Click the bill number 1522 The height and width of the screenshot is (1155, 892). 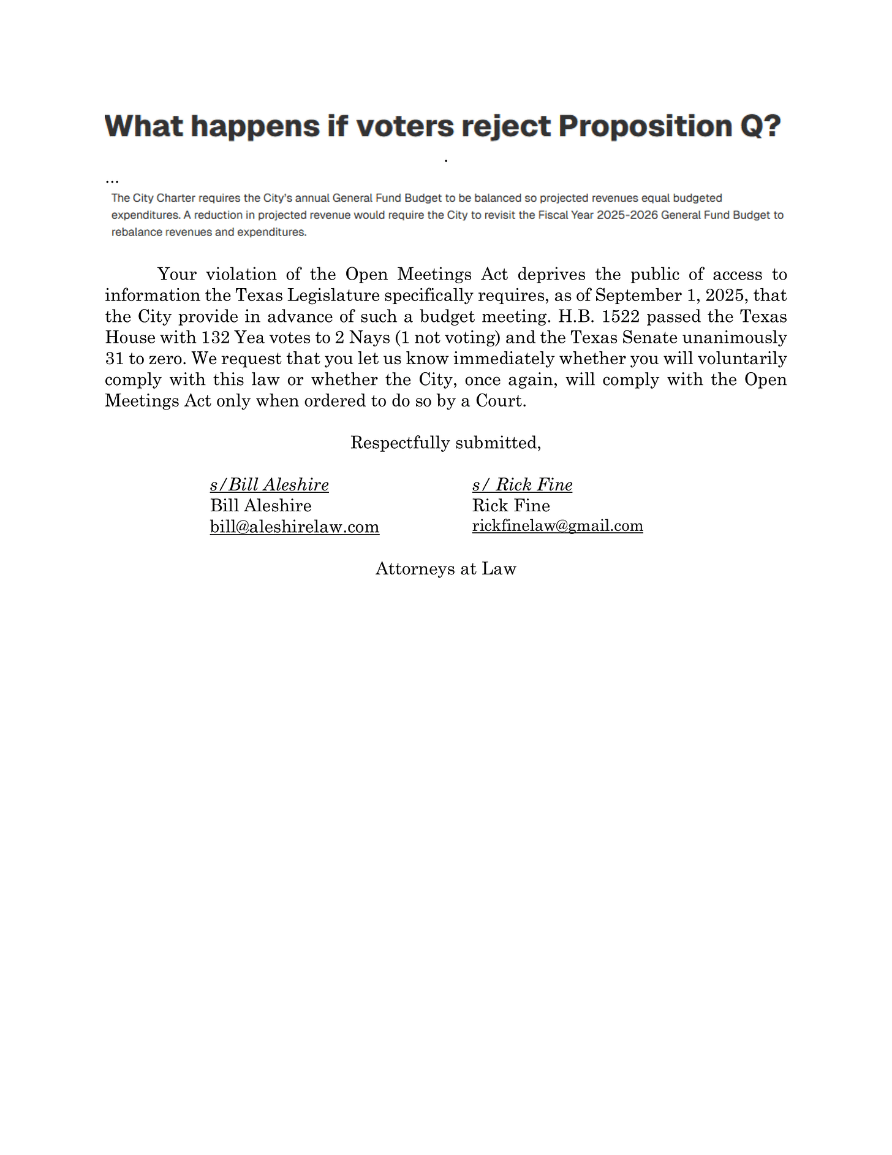(x=622, y=316)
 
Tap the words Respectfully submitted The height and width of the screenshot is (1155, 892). (x=445, y=443)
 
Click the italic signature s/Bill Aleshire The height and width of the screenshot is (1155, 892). (x=269, y=485)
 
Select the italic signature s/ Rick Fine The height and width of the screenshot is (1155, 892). (x=522, y=485)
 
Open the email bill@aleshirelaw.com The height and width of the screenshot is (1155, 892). (x=294, y=527)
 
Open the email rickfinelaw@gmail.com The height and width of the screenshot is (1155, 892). (x=557, y=526)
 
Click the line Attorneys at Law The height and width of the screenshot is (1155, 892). (x=445, y=568)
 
